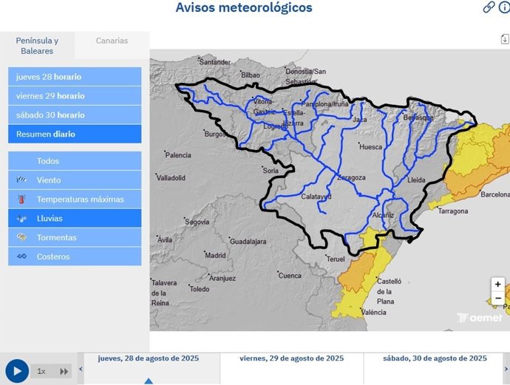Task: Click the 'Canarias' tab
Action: [112, 41]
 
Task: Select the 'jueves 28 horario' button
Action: [75, 77]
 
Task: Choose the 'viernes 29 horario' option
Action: [75, 96]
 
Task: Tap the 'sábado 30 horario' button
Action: [75, 115]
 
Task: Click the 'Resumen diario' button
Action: [75, 134]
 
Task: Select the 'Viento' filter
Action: [75, 180]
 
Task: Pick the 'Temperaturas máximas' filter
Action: [75, 200]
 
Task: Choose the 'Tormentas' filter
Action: [75, 238]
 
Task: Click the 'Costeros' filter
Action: [75, 257]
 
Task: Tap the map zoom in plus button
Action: [498, 285]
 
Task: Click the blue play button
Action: [17, 370]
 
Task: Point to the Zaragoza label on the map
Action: [351, 178]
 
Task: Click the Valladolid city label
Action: [171, 178]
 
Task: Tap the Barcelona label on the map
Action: [494, 195]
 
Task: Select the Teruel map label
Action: [336, 259]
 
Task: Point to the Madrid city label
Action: [215, 256]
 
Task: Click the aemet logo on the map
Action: [480, 318]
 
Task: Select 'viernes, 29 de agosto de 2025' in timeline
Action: [292, 358]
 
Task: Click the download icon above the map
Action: [504, 40]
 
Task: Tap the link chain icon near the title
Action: [489, 7]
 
